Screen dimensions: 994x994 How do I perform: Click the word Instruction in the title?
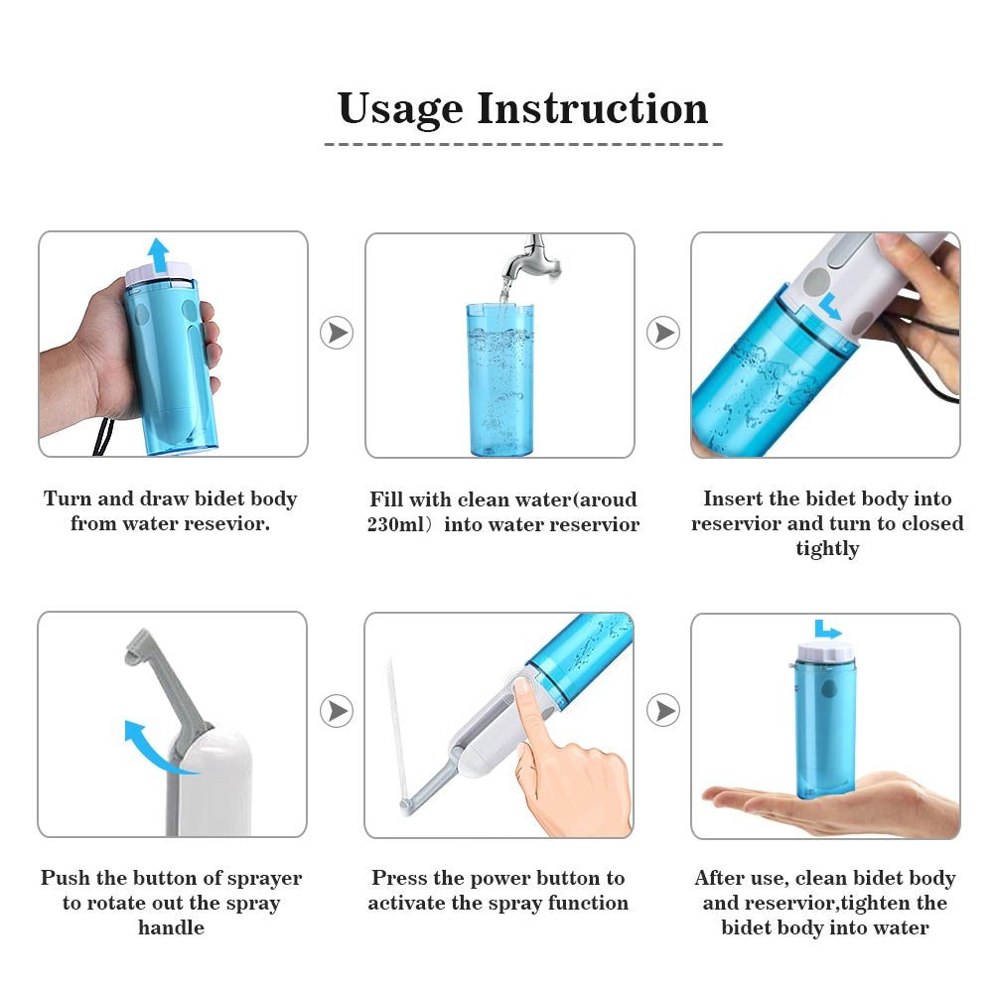tap(593, 108)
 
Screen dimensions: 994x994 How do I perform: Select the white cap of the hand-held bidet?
tap(159, 273)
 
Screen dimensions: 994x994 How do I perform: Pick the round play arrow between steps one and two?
tap(337, 333)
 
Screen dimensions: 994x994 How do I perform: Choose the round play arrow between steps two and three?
tap(663, 333)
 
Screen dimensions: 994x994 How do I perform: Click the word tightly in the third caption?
tap(826, 549)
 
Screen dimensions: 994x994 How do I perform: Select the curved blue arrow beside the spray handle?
tap(149, 747)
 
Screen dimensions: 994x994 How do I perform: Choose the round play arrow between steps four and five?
tap(337, 711)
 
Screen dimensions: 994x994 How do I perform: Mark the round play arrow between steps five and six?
tap(663, 711)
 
